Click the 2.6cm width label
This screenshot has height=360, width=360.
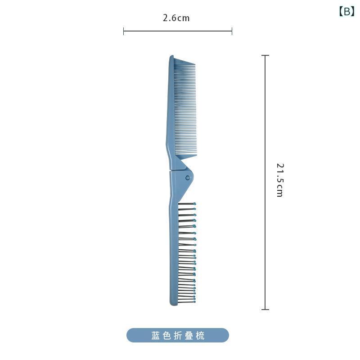(x=176, y=18)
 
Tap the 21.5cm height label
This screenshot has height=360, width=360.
(x=280, y=180)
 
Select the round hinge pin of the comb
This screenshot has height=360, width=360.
(x=188, y=178)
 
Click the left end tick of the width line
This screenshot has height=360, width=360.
(x=123, y=31)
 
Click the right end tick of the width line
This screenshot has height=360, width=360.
(x=232, y=31)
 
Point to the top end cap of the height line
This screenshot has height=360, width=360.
(x=265, y=55)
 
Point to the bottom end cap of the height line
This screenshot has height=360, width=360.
(x=265, y=310)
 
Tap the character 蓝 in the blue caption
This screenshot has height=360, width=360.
(x=155, y=335)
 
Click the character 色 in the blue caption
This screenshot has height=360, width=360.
(x=166, y=335)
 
